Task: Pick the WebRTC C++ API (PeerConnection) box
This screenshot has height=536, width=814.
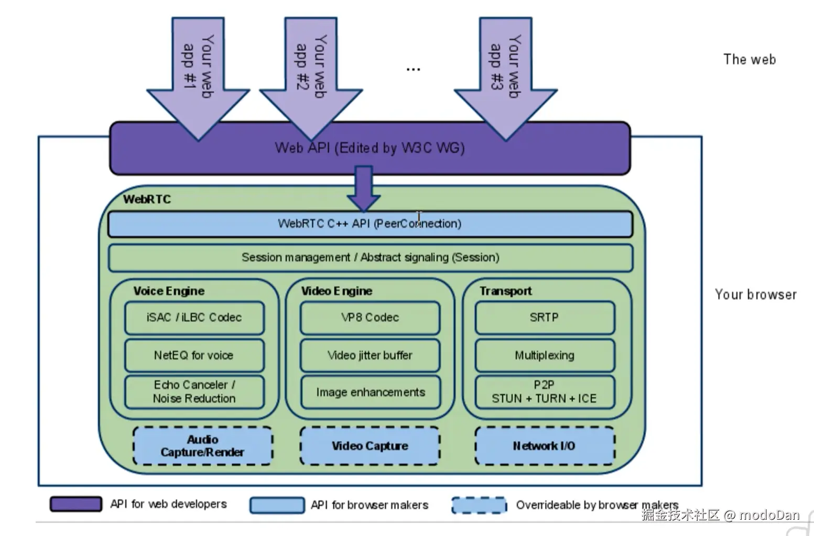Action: tap(370, 224)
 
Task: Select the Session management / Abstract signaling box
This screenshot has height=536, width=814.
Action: tap(370, 258)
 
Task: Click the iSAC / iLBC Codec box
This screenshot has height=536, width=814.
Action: tap(194, 318)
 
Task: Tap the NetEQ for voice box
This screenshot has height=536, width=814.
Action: tap(194, 355)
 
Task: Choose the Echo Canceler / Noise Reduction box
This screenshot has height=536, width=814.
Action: tap(194, 392)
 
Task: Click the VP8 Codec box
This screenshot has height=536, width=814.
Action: tap(370, 318)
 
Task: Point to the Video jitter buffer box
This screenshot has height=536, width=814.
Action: tap(370, 355)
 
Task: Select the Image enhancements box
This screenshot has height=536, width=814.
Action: tap(370, 392)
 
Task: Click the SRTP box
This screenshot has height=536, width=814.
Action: tap(545, 318)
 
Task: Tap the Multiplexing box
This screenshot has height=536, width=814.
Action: tap(545, 355)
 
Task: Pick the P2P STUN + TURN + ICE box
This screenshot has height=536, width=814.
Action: tap(545, 392)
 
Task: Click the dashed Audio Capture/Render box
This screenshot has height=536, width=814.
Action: tap(203, 446)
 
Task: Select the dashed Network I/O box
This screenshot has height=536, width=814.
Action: tap(545, 446)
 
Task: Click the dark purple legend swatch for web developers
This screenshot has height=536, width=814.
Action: tap(76, 504)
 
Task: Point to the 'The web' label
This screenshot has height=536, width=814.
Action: tap(750, 60)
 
